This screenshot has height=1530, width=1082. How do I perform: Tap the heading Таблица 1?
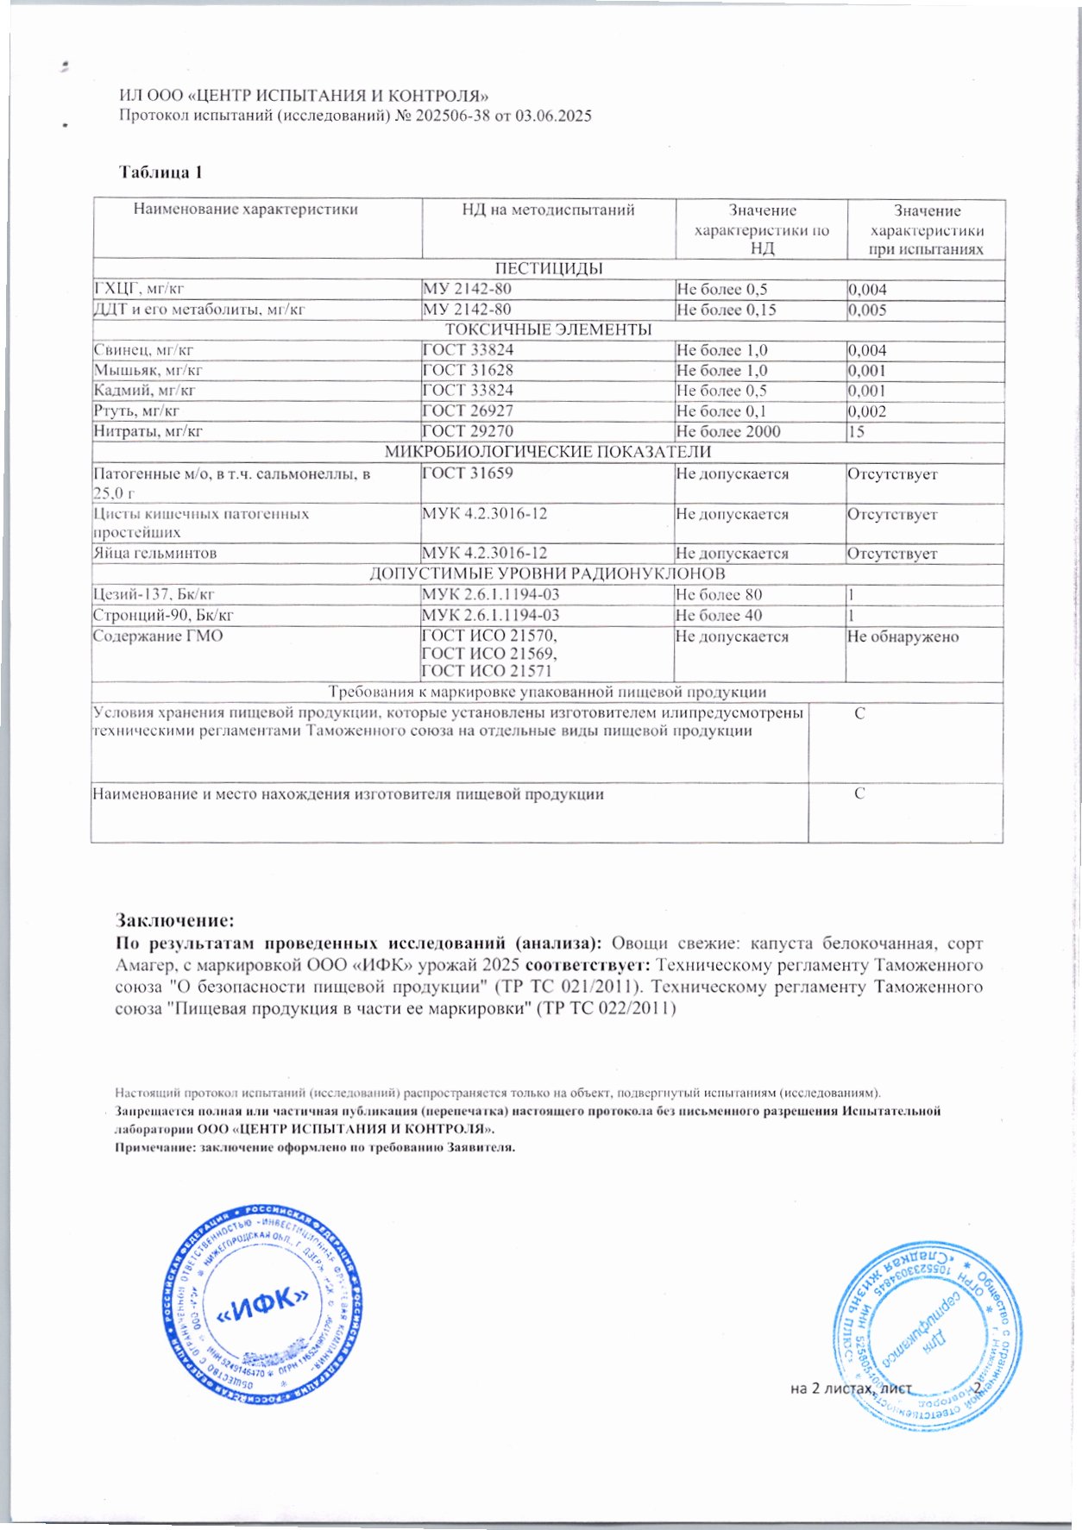pyautogui.click(x=160, y=172)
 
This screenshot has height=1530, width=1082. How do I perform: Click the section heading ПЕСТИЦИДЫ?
pyautogui.click(x=549, y=268)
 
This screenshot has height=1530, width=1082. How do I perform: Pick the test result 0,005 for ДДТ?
pyautogui.click(x=867, y=310)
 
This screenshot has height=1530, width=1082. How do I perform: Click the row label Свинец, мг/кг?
pyautogui.click(x=143, y=350)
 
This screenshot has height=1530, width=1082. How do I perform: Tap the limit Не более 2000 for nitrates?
pyautogui.click(x=728, y=431)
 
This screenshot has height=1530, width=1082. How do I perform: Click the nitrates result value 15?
pyautogui.click(x=856, y=431)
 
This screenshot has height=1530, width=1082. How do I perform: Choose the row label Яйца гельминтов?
pyautogui.click(x=154, y=554)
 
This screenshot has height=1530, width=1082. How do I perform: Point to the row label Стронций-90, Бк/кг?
pyautogui.click(x=163, y=616)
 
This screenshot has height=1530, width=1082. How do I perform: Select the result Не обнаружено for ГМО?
pyautogui.click(x=903, y=637)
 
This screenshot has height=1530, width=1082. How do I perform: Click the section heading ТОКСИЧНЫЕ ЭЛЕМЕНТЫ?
pyautogui.click(x=548, y=330)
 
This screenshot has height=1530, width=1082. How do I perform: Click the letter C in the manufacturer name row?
pyautogui.click(x=859, y=794)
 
